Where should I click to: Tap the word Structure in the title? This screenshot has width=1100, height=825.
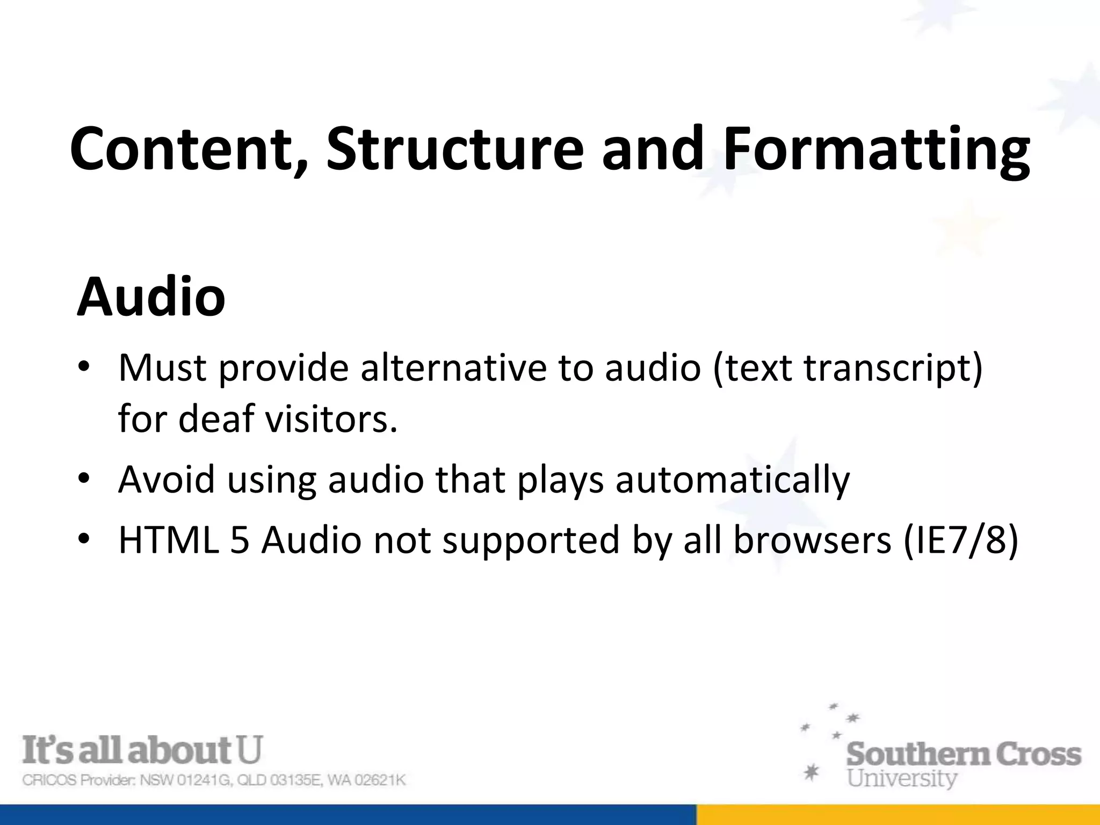pyautogui.click(x=454, y=149)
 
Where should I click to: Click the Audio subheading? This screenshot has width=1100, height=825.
pyautogui.click(x=151, y=296)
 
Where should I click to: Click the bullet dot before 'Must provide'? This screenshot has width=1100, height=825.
pyautogui.click(x=84, y=368)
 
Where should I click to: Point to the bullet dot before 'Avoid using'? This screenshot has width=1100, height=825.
pyautogui.click(x=84, y=479)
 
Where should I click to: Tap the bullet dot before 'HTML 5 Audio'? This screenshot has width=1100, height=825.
pyautogui.click(x=84, y=539)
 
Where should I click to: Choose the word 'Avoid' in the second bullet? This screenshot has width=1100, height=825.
pyautogui.click(x=167, y=479)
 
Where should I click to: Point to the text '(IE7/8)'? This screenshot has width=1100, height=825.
pyautogui.click(x=960, y=540)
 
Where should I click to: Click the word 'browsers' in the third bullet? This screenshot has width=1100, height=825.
pyautogui.click(x=812, y=539)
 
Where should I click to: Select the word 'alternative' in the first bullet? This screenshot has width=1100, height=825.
pyautogui.click(x=453, y=368)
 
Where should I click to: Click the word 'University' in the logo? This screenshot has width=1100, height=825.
pyautogui.click(x=902, y=778)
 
